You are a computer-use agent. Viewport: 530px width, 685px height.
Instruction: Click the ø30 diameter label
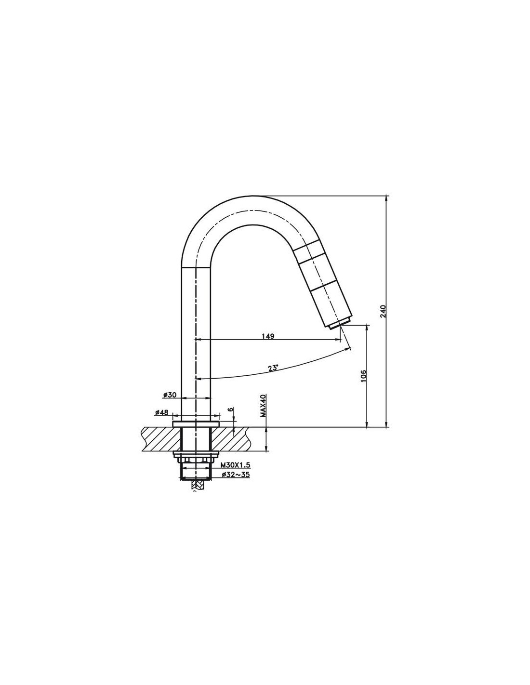(x=170, y=395)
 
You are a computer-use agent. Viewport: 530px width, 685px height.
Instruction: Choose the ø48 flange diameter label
(x=162, y=412)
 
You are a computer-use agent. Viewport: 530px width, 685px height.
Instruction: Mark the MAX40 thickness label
(x=263, y=406)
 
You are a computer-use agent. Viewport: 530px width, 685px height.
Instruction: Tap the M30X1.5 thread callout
(x=236, y=465)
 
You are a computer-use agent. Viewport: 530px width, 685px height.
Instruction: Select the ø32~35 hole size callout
(x=236, y=474)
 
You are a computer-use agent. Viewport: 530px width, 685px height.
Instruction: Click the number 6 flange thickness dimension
(x=230, y=409)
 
